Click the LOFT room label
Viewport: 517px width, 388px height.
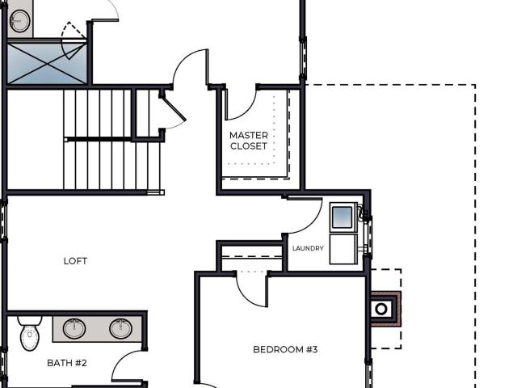(75, 261)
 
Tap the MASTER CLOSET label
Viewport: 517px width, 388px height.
(249, 141)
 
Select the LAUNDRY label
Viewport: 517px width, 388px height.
(308, 248)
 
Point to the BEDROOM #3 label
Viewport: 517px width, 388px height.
(285, 349)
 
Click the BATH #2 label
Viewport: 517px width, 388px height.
(67, 363)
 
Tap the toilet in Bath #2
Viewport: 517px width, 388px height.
(30, 333)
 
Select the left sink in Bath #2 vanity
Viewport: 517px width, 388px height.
(74, 328)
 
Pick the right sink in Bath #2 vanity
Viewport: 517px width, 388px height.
(120, 328)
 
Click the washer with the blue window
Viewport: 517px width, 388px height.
(343, 217)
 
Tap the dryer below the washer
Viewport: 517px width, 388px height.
(343, 249)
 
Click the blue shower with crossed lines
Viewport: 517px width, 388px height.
(47, 64)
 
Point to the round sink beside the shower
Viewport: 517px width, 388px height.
(19, 21)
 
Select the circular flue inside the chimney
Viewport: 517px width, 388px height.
(381, 310)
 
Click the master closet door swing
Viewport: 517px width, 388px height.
(248, 111)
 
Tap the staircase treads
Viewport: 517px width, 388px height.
(112, 140)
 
